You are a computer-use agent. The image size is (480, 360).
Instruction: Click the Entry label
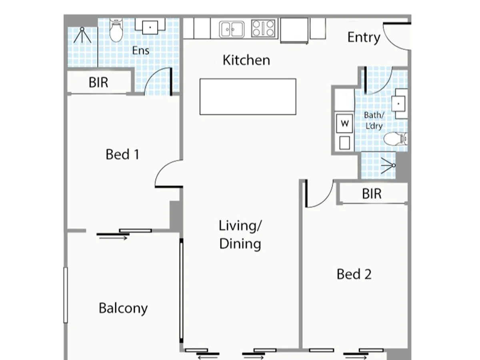pyautogui.click(x=363, y=38)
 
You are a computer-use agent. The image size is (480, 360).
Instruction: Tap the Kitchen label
pyautogui.click(x=246, y=60)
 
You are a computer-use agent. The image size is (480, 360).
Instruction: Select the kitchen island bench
pyautogui.click(x=248, y=97)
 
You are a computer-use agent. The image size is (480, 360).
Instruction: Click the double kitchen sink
pyautogui.click(x=232, y=29)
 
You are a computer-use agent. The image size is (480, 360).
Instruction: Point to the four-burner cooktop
pyautogui.click(x=264, y=28)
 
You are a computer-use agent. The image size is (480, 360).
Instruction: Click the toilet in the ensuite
pyautogui.click(x=116, y=31)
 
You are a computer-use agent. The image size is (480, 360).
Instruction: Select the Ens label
pyautogui.click(x=141, y=50)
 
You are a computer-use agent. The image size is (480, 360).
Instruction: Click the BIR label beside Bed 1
pyautogui.click(x=98, y=83)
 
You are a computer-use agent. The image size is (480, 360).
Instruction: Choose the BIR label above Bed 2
pyautogui.click(x=372, y=194)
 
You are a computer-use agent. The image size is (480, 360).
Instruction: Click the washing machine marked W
pyautogui.click(x=344, y=124)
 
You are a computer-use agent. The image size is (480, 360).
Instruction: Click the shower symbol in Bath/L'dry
pyautogui.click(x=388, y=166)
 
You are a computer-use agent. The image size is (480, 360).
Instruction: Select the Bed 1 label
pyautogui.click(x=122, y=154)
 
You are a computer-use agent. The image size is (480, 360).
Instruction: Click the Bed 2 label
pyautogui.click(x=354, y=274)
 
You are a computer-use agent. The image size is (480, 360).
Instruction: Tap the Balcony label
pyautogui.click(x=123, y=308)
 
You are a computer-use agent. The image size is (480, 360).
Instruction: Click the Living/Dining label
pyautogui.click(x=240, y=235)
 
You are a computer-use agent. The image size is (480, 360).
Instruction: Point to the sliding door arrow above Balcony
pyautogui.click(x=113, y=238)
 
